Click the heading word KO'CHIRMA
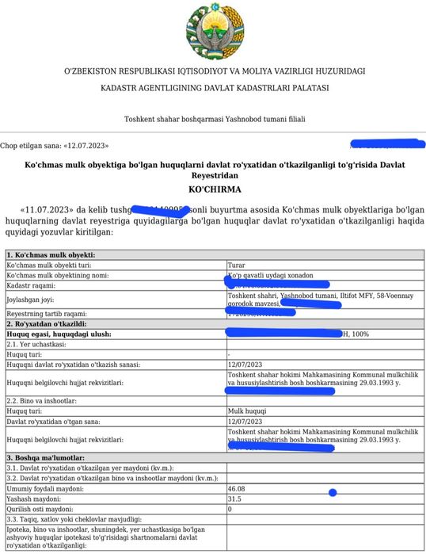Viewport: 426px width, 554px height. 214,190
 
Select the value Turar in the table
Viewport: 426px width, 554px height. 236,265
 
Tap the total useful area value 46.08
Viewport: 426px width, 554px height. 237,489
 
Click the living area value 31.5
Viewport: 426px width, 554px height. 234,499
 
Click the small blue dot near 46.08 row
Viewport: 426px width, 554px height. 332,493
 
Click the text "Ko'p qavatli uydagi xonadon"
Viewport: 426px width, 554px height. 270,275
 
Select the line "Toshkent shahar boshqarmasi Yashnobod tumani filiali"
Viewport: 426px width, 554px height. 214,120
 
